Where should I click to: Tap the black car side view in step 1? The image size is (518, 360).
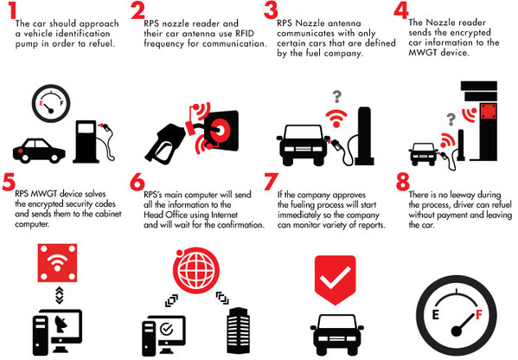click(x=35, y=147)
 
